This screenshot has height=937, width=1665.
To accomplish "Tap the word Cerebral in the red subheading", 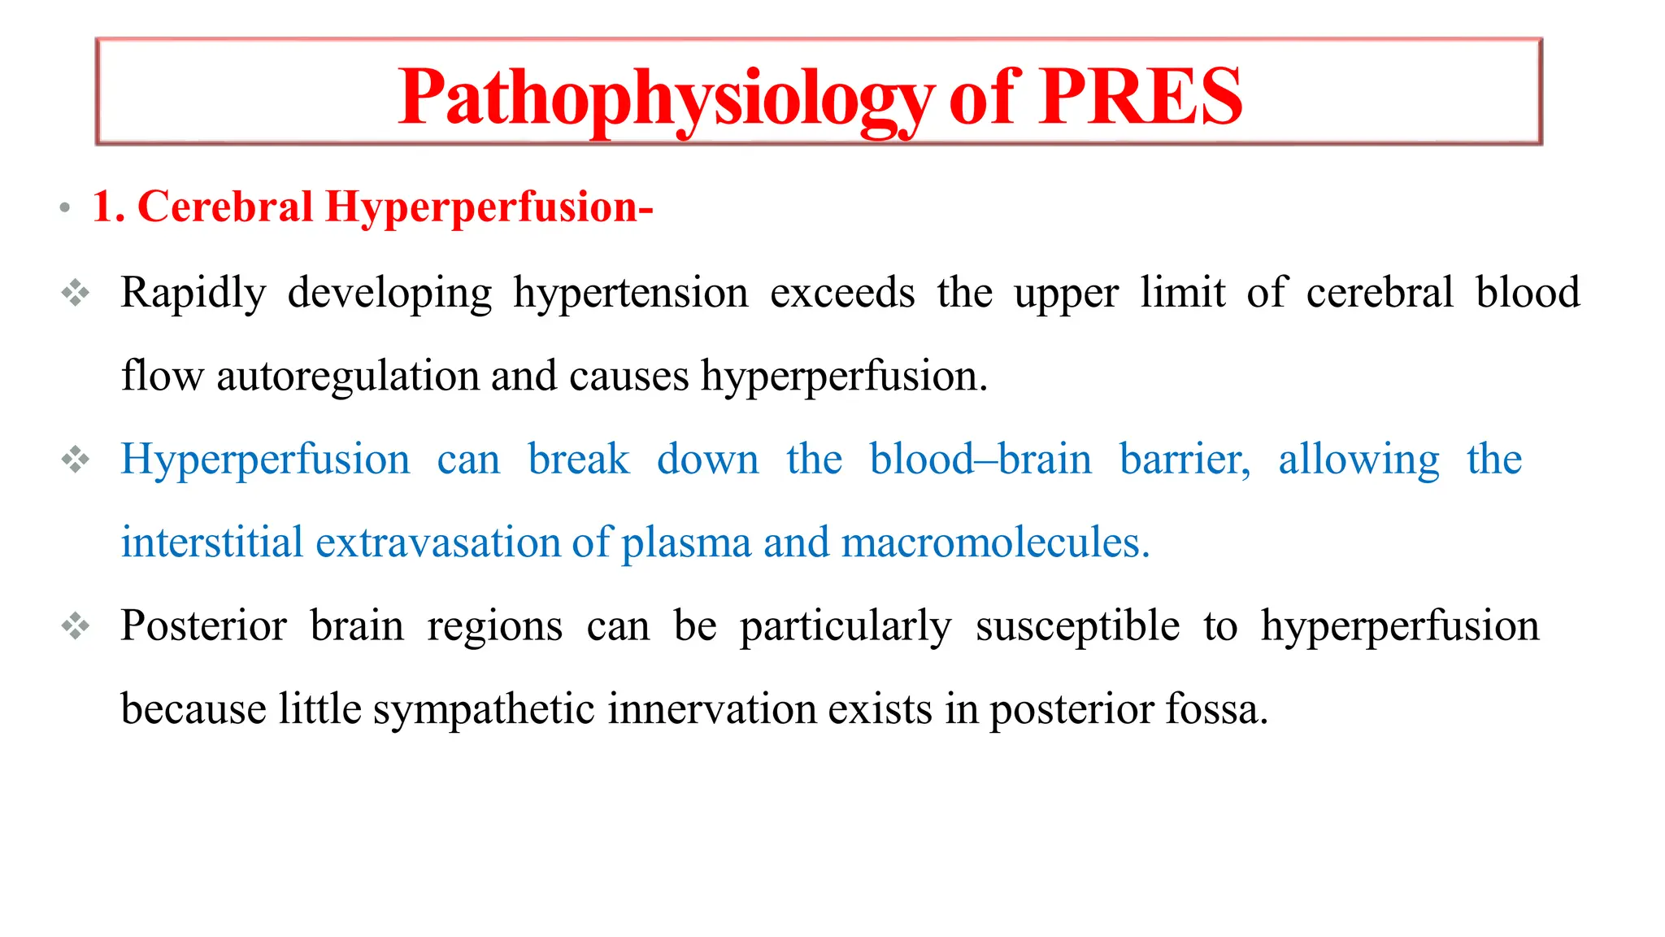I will pos(225,206).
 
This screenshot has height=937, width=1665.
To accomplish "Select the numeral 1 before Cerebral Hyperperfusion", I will pos(103,206).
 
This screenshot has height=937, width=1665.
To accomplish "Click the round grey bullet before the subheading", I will pos(64,208).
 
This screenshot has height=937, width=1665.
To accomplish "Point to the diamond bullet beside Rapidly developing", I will pos(76,293).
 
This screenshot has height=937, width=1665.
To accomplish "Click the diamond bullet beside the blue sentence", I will pos(76,460).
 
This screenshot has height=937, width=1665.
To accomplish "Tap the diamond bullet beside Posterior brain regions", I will pos(76,625).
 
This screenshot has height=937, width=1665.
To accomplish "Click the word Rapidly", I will pos(193,293).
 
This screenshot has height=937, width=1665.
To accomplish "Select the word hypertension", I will pos(630,293).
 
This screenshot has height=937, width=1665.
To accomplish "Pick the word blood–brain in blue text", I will pos(980,460).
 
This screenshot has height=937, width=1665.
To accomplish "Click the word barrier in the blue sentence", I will pos(1184,460).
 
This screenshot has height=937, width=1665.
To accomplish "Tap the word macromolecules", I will pos(995,543).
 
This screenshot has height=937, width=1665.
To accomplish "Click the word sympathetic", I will pos(484,709).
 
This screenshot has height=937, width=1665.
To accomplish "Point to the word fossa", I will pos(1216,709).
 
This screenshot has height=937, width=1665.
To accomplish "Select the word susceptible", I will pos(1077,626).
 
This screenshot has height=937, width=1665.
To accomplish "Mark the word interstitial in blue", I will pos(211,543).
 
